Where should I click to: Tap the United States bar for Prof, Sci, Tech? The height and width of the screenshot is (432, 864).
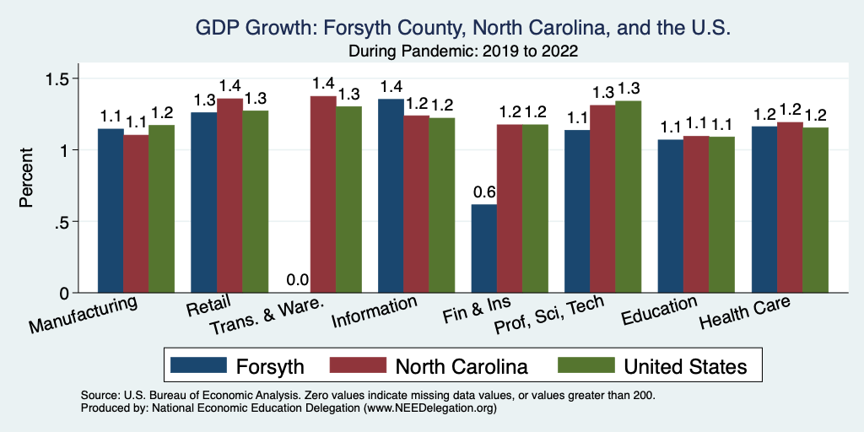click(x=629, y=197)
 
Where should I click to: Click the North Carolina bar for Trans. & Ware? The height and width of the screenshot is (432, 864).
click(x=323, y=195)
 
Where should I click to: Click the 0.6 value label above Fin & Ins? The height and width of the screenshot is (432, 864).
click(x=483, y=192)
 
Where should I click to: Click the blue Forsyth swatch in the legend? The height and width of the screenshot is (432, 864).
click(x=199, y=365)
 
